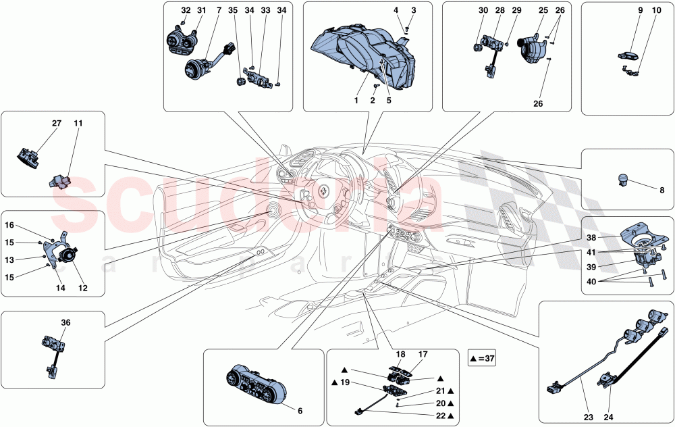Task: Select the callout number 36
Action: tap(65, 322)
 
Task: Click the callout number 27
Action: tap(56, 124)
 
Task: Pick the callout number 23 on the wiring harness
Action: tap(589, 418)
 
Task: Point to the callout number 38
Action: tap(591, 238)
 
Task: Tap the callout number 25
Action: tap(543, 11)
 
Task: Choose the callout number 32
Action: tap(186, 11)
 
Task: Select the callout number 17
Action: tap(424, 353)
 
